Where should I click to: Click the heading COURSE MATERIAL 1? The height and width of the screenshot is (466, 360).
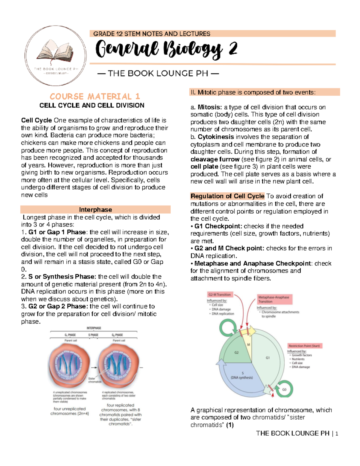click(x=95, y=97)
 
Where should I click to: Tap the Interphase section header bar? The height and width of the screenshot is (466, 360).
click(x=95, y=209)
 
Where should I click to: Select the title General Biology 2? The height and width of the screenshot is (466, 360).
click(x=167, y=50)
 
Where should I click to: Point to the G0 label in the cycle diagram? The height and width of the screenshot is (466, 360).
click(x=284, y=389)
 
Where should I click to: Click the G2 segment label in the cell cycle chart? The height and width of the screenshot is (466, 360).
click(x=236, y=353)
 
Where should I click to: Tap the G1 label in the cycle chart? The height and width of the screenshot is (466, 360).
click(x=268, y=358)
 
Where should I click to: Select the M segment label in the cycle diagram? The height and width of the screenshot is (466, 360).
click(x=248, y=345)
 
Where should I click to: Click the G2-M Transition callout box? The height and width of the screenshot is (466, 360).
click(x=220, y=295)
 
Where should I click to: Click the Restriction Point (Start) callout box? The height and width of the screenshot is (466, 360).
click(x=304, y=346)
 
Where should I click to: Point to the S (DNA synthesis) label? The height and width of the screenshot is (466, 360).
click(x=242, y=376)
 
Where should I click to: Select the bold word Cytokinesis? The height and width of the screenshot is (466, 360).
click(x=216, y=137)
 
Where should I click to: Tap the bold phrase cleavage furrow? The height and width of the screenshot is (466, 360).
click(x=215, y=159)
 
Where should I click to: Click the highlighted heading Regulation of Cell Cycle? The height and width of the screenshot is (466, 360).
click(x=227, y=196)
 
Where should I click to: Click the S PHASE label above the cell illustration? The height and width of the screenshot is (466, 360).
click(x=93, y=335)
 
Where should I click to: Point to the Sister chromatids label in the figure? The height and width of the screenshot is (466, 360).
click(x=94, y=380)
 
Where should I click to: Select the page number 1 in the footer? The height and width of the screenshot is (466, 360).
click(x=337, y=434)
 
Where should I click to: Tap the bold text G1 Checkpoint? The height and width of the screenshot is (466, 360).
click(x=218, y=226)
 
